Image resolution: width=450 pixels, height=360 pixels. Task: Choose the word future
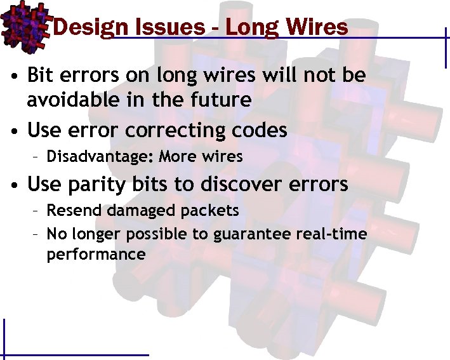coord(219,99)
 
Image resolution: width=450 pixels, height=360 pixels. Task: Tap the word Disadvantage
coord(100,156)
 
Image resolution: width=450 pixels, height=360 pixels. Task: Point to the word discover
coord(248,184)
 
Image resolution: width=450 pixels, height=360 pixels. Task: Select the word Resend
coord(71,210)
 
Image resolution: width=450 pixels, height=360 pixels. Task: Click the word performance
coord(96,255)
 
